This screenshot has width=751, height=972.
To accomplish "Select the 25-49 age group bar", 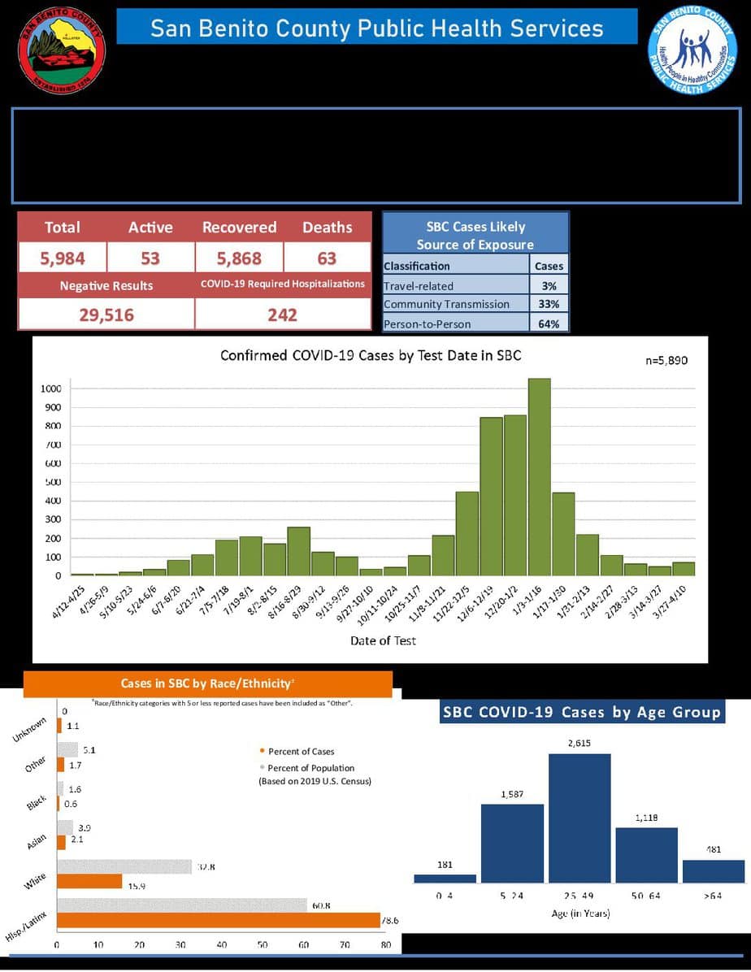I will click(579, 818).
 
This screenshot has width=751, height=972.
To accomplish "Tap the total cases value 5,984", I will click(63, 258).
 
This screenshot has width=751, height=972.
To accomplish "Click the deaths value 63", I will click(327, 258).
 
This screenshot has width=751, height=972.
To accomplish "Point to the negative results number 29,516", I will click(106, 315).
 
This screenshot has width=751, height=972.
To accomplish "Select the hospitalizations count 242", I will click(282, 315).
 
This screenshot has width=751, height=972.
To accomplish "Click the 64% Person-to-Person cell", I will click(548, 323).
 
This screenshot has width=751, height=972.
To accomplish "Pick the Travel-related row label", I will click(419, 286).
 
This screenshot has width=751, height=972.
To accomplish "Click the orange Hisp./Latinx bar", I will click(218, 920).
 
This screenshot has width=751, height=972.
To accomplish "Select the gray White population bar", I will click(124, 867).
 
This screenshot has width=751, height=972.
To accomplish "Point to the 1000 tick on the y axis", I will click(51, 388).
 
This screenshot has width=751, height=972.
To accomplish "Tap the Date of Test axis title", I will click(383, 640).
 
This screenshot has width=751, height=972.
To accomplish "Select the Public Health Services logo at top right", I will click(692, 50).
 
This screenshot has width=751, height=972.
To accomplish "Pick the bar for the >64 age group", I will click(714, 871).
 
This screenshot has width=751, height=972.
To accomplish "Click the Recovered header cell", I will click(239, 228).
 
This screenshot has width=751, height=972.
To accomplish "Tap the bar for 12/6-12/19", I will click(491, 496).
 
